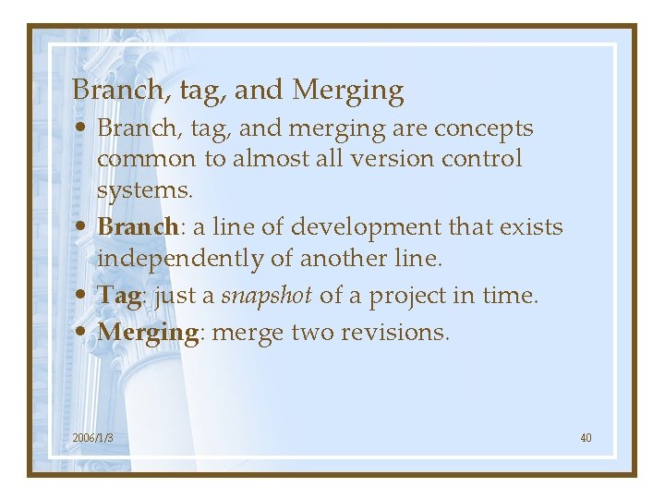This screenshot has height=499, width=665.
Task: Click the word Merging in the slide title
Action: point(348,91)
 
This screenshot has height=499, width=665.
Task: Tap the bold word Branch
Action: point(137,227)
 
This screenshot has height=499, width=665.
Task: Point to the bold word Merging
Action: point(148,332)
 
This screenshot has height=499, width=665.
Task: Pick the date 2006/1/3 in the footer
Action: point(92,437)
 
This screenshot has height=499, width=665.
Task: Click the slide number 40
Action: point(586,437)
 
